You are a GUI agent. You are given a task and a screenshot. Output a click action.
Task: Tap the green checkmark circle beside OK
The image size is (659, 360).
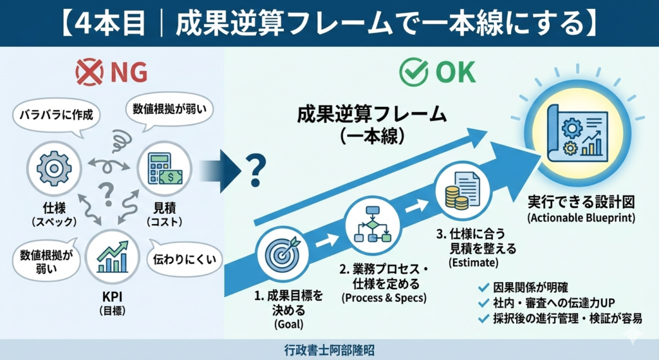(x=414, y=73)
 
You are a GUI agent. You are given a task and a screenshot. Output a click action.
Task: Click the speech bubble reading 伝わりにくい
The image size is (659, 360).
(x=186, y=260)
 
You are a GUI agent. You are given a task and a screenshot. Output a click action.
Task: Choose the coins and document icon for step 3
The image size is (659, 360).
(x=458, y=189)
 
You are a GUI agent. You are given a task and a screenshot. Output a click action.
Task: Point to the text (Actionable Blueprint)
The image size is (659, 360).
(x=581, y=218)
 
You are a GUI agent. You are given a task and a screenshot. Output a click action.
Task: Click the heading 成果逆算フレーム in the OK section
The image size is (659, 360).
(x=372, y=114)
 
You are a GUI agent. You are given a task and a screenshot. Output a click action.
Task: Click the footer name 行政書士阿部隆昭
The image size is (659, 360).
(x=329, y=350)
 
